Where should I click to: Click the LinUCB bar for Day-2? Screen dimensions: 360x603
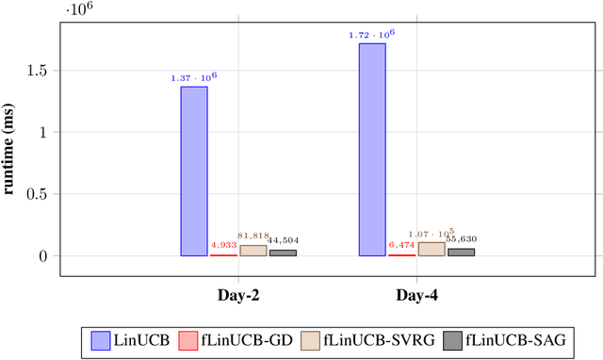click(x=194, y=171)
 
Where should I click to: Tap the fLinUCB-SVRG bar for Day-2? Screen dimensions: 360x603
click(x=253, y=251)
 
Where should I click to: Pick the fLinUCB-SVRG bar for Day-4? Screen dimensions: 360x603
click(x=431, y=249)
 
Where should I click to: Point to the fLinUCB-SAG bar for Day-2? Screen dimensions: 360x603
click(x=283, y=253)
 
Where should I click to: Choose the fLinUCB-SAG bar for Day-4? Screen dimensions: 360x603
click(x=461, y=252)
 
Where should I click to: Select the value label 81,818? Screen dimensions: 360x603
click(x=253, y=237)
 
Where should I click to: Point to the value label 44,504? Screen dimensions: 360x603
click(x=284, y=241)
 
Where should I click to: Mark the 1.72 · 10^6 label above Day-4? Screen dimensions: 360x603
click(x=372, y=35)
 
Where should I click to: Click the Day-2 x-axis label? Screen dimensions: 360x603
click(x=238, y=296)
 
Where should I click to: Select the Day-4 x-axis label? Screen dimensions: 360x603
click(x=416, y=296)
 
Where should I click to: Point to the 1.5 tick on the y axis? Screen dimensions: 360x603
click(x=41, y=71)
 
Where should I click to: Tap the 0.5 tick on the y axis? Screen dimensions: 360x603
click(x=41, y=194)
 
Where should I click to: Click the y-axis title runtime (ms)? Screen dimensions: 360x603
click(x=12, y=151)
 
